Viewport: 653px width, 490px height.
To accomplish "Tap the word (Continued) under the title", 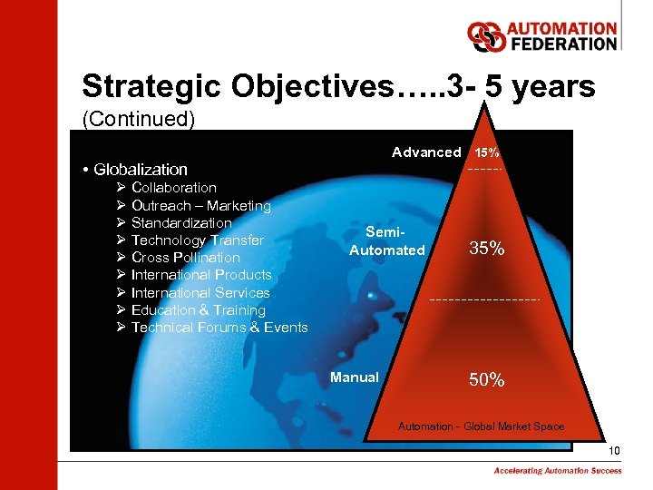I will coord(138,119).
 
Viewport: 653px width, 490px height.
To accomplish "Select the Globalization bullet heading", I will coord(141,169).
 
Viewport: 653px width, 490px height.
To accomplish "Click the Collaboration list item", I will coord(173,188).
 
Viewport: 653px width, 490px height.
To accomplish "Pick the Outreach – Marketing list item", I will coord(200,205).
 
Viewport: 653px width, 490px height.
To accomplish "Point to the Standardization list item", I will coord(181,222).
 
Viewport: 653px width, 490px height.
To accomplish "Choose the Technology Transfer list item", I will coord(197,240).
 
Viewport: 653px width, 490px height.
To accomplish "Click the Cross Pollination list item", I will coord(185,258).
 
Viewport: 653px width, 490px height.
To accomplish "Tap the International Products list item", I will coord(200,275).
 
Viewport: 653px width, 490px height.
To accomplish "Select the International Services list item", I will coord(200,292).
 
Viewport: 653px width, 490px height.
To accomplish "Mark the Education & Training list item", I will coord(198,310).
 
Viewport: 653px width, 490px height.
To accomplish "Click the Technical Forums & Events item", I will coord(219,328).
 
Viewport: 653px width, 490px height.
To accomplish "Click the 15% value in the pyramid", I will coord(487,152).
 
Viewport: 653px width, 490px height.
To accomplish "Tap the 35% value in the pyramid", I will coord(487,249).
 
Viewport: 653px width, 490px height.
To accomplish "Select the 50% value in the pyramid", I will coord(487,380).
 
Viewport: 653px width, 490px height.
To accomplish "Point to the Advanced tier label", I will coord(426,152).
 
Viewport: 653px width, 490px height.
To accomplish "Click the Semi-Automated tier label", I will coord(387,241).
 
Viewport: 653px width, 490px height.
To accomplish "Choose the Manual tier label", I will coord(355,377).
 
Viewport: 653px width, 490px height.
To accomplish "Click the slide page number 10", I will coord(614,451).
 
